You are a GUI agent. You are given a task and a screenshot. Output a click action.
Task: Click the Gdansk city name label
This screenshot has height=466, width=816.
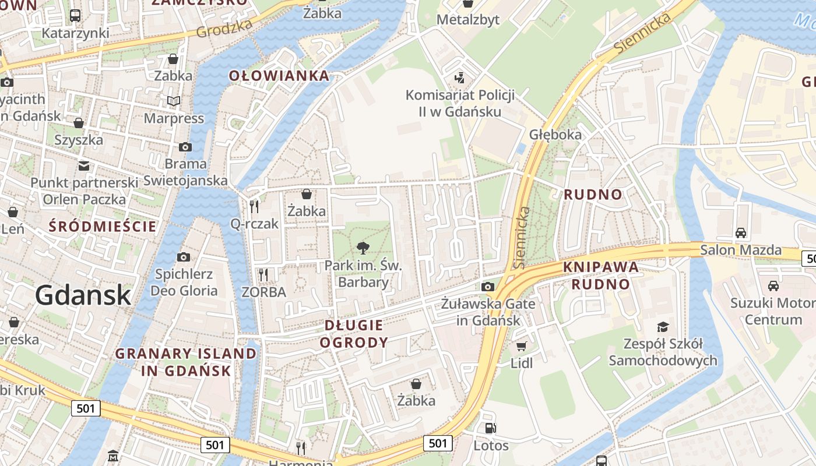[83, 295]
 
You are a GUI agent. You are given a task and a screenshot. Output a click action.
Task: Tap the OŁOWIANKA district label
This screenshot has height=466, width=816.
[279, 76]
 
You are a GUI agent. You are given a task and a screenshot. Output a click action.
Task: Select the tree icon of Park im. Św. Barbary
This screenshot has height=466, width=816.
[363, 248]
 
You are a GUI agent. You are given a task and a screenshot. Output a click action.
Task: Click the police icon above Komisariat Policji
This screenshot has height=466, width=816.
[460, 78]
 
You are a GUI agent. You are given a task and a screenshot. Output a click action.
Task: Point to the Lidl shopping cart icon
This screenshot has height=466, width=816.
[521, 347]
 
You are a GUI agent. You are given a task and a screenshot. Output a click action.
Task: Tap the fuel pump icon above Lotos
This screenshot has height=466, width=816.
[491, 428]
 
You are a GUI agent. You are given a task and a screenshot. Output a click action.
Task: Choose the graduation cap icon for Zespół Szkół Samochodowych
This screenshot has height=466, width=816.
[663, 327]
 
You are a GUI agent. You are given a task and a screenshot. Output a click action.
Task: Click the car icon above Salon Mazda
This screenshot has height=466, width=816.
[741, 233]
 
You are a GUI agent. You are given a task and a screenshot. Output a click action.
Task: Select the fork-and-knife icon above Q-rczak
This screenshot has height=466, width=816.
[254, 206]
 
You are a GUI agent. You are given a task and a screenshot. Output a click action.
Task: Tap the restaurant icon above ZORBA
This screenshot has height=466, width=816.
[263, 274]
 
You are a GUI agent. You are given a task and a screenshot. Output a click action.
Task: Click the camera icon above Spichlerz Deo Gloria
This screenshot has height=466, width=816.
[184, 257]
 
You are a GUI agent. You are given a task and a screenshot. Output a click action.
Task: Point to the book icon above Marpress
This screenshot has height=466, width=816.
[174, 101]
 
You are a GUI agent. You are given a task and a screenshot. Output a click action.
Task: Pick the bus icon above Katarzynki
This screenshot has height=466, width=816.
[75, 16]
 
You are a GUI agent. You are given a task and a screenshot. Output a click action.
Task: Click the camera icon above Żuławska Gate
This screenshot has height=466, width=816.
[488, 287]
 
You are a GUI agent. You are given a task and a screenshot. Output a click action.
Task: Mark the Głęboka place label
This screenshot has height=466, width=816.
[555, 135]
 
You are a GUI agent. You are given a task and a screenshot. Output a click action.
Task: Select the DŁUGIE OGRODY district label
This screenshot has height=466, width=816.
[354, 334]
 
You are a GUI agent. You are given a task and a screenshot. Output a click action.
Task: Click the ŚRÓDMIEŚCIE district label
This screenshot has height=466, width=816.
[103, 226]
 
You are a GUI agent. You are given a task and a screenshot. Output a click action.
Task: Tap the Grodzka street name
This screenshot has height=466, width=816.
[224, 27]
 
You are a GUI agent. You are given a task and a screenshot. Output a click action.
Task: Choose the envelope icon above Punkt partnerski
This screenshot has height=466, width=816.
[85, 166]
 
